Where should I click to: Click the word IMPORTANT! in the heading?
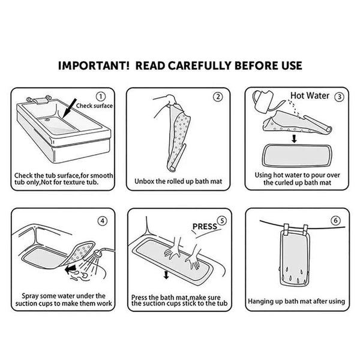pyautogui.click(x=94, y=65)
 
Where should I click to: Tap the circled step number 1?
pyautogui.click(x=101, y=97)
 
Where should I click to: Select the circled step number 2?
pyautogui.click(x=218, y=97)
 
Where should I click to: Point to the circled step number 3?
pyautogui.click(x=339, y=97)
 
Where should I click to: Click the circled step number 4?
pyautogui.click(x=103, y=221)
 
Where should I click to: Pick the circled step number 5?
pyautogui.click(x=222, y=221)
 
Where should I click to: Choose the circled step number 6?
pyautogui.click(x=335, y=221)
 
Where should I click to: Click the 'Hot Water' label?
pyautogui.click(x=310, y=95)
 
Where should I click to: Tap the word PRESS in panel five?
pyautogui.click(x=205, y=227)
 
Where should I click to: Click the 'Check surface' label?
pyautogui.click(x=94, y=106)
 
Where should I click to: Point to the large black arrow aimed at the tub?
pyautogui.click(x=69, y=109)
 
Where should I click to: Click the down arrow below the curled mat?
pyautogui.click(x=294, y=139)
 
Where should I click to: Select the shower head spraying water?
pyautogui.click(x=99, y=253)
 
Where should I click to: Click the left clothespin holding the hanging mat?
pyautogui.click(x=286, y=229)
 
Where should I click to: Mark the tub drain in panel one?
pyautogui.click(x=47, y=119)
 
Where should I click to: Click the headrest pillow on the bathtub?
pyautogui.click(x=39, y=100)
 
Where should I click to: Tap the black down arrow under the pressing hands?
pyautogui.click(x=166, y=275)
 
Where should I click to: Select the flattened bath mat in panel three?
pyautogui.click(x=297, y=155)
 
